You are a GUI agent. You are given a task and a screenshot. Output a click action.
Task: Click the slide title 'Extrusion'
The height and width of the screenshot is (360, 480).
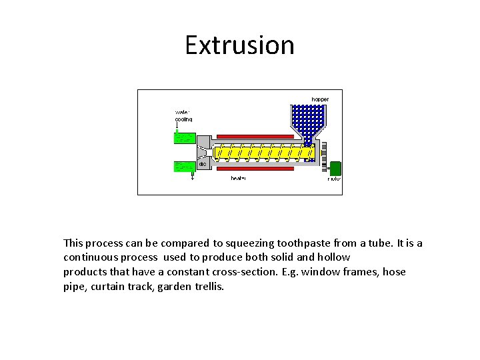(239, 45)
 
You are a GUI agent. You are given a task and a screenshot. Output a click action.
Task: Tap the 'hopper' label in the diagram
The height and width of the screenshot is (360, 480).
(320, 99)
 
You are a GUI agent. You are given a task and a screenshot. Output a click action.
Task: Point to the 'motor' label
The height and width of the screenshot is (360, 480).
(334, 179)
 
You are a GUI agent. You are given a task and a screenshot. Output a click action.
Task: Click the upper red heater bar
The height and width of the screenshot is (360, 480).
(256, 136)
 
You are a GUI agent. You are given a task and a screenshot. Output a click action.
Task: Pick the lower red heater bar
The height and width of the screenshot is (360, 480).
(256, 169)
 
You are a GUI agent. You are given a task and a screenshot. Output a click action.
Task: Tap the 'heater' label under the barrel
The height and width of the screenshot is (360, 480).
(239, 179)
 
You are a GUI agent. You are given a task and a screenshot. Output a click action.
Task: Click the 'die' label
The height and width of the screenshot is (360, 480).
(202, 163)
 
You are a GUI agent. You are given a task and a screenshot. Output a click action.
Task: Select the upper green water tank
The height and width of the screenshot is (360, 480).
(184, 138)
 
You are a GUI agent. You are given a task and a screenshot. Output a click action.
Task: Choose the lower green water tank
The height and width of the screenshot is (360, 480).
(184, 166)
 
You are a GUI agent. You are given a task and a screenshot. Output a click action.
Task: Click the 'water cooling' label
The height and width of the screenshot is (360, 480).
(183, 115)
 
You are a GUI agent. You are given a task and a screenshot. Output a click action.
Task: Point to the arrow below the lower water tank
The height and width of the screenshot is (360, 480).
(193, 177)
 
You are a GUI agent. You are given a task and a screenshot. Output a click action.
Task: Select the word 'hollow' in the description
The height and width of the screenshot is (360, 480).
(335, 257)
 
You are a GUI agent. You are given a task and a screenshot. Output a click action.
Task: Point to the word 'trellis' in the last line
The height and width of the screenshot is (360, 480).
(208, 287)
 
